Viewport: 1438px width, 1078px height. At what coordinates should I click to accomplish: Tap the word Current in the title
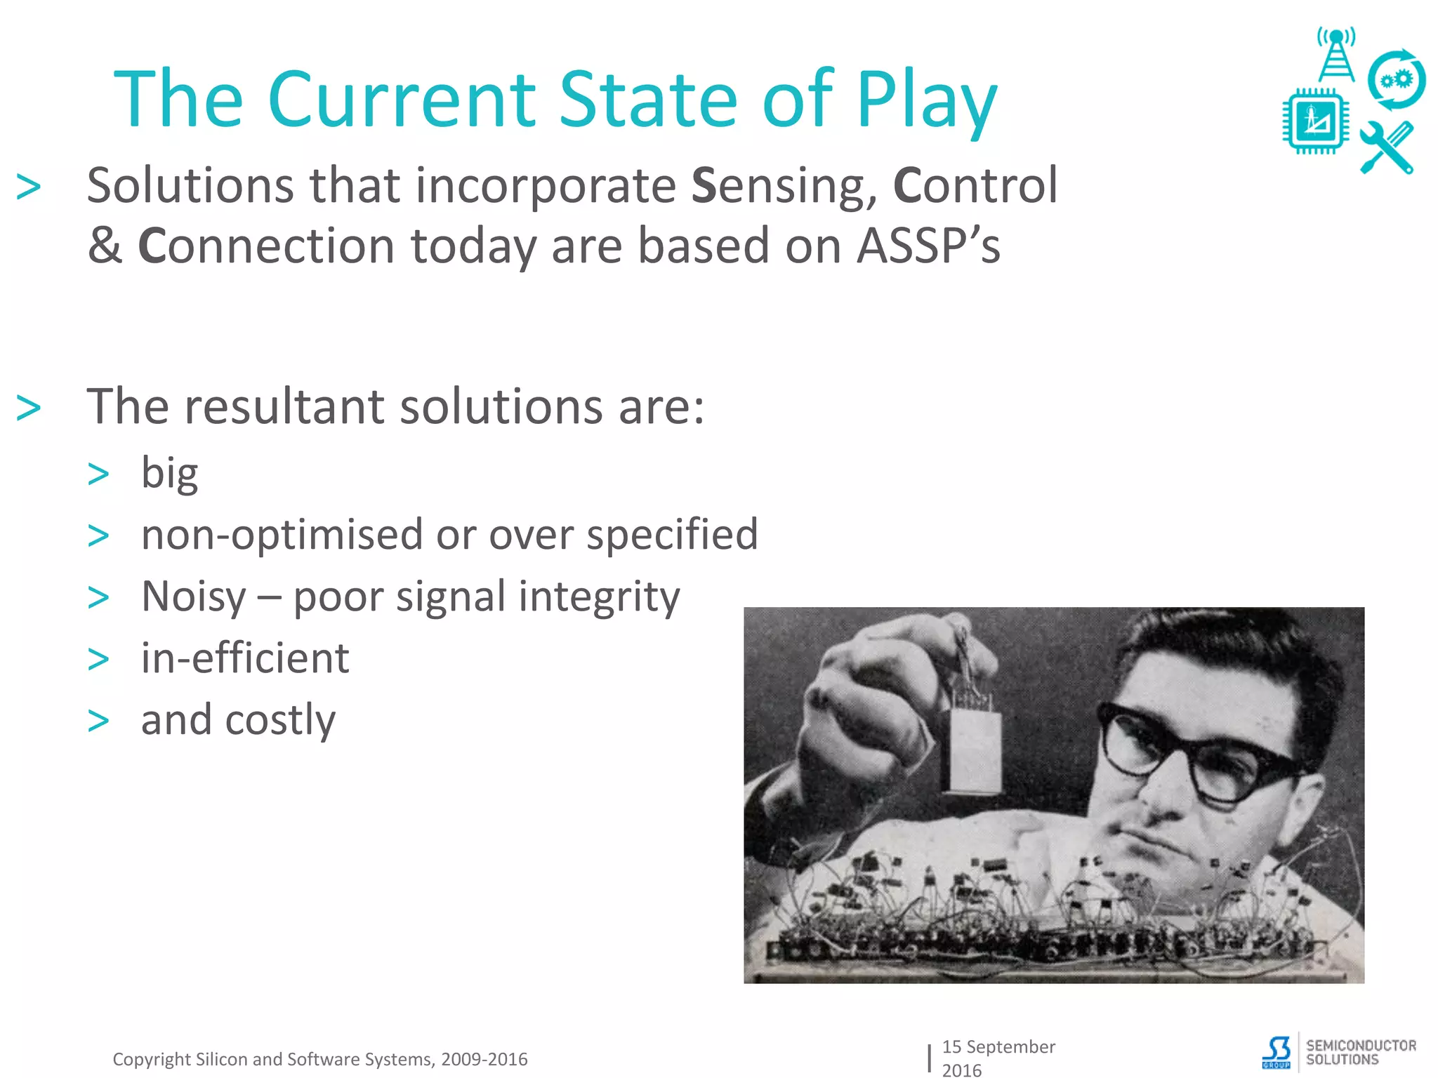(401, 100)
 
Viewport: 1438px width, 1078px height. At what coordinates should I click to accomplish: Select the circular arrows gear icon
(1396, 80)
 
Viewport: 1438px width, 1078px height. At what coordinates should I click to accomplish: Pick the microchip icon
(1315, 121)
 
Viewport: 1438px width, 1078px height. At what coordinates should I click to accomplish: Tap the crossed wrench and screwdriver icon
(1386, 148)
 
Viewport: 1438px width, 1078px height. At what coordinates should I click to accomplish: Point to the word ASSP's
(928, 247)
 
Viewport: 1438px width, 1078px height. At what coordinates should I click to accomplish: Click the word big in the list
(169, 473)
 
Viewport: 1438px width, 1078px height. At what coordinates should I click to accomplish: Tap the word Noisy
(193, 597)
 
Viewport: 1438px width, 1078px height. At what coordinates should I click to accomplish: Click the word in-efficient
(245, 658)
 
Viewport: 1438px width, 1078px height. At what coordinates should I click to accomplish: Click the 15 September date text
(998, 1047)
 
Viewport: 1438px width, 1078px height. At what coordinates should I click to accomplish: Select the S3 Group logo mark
(1277, 1052)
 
